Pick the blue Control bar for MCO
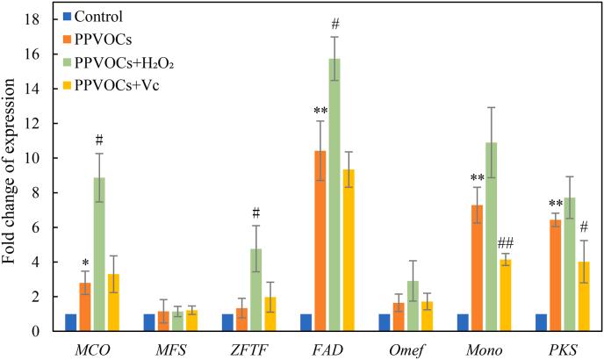coord(70,322)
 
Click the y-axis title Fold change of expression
coord(13,176)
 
